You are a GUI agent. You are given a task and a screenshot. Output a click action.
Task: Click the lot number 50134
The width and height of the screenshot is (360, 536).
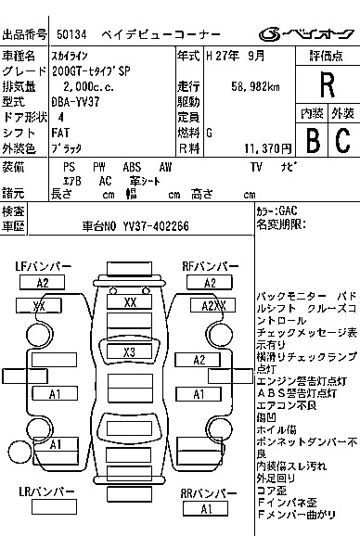[73, 35]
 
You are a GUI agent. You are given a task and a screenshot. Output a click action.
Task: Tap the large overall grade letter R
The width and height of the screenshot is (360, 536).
[326, 84]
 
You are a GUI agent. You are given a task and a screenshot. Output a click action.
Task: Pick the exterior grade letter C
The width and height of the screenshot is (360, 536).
[342, 140]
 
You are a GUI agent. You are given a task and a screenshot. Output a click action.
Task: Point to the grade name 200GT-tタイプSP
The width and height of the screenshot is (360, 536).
[91, 70]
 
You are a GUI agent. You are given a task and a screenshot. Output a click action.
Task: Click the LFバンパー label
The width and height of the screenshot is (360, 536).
[43, 267]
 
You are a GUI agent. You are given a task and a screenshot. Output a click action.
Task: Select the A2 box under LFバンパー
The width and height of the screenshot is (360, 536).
[43, 283]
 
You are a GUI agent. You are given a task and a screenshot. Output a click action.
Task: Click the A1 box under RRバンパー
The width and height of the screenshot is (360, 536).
[206, 509]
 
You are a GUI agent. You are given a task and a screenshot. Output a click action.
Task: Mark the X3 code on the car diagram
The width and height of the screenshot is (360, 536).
[130, 352]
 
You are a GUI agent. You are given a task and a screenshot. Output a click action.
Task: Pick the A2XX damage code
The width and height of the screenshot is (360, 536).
[213, 305]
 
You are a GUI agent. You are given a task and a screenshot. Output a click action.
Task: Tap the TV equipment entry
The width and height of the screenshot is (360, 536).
[256, 166]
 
